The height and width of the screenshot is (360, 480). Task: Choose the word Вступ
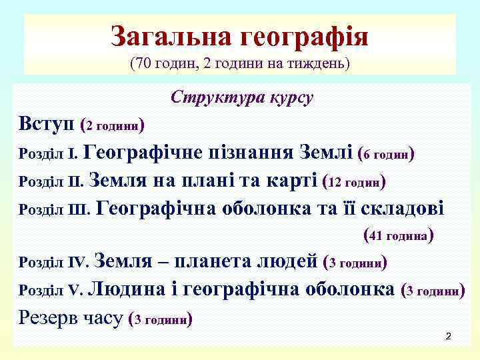pyautogui.click(x=46, y=124)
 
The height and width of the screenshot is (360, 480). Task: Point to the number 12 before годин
pyautogui.click(x=337, y=182)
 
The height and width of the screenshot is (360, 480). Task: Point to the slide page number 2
pyautogui.click(x=449, y=337)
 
